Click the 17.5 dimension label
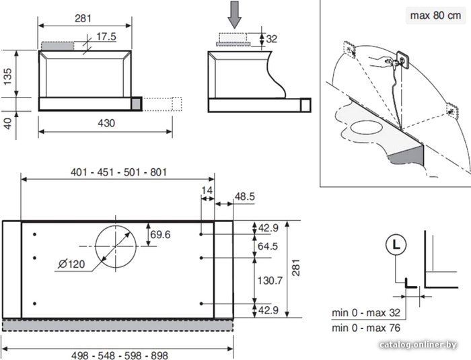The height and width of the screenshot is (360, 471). [106, 36]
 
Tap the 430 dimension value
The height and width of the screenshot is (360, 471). [106, 123]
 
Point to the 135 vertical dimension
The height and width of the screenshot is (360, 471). [7, 76]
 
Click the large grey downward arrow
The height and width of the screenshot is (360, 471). [234, 15]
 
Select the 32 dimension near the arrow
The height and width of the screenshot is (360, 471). [272, 39]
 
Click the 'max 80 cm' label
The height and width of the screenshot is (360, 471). [435, 15]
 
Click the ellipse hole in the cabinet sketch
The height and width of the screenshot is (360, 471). [367, 128]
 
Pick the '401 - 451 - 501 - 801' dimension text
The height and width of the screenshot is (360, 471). [118, 172]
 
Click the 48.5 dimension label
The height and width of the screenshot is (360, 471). [244, 196]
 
